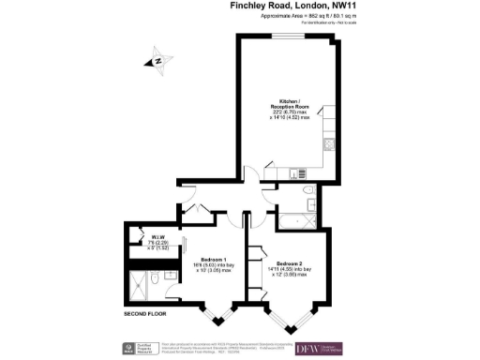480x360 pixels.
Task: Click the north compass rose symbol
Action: (158, 63)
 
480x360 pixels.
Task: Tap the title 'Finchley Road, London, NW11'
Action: (299, 7)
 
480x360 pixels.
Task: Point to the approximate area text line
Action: (299, 18)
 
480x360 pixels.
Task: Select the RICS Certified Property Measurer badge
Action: (136, 348)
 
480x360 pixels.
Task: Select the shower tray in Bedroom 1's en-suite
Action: (146, 286)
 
